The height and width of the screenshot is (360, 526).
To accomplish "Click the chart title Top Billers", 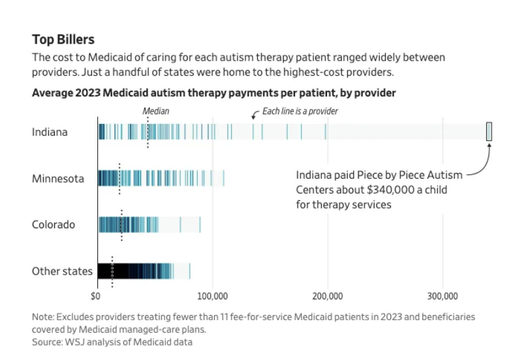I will click(x=63, y=40).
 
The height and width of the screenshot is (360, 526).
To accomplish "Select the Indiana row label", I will click(x=50, y=132).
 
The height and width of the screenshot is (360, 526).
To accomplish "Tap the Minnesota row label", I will click(x=58, y=178).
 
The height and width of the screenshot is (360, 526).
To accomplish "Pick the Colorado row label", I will click(x=54, y=224).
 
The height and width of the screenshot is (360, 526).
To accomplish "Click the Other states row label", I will click(x=62, y=271).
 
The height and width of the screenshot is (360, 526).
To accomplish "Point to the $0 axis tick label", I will click(x=97, y=297).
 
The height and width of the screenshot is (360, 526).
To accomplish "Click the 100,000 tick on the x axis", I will click(x=213, y=297).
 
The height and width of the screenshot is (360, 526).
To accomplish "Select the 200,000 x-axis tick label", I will click(x=328, y=297).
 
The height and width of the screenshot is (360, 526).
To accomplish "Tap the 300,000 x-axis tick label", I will click(x=443, y=297).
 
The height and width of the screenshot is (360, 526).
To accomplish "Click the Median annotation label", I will click(x=156, y=112).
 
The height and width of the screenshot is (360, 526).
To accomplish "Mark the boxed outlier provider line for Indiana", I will click(x=489, y=132).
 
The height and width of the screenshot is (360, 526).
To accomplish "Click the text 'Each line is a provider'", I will click(x=300, y=112).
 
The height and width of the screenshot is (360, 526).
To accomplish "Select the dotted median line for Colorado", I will click(x=121, y=226).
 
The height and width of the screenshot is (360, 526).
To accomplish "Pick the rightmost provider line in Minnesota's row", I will click(x=224, y=178).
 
